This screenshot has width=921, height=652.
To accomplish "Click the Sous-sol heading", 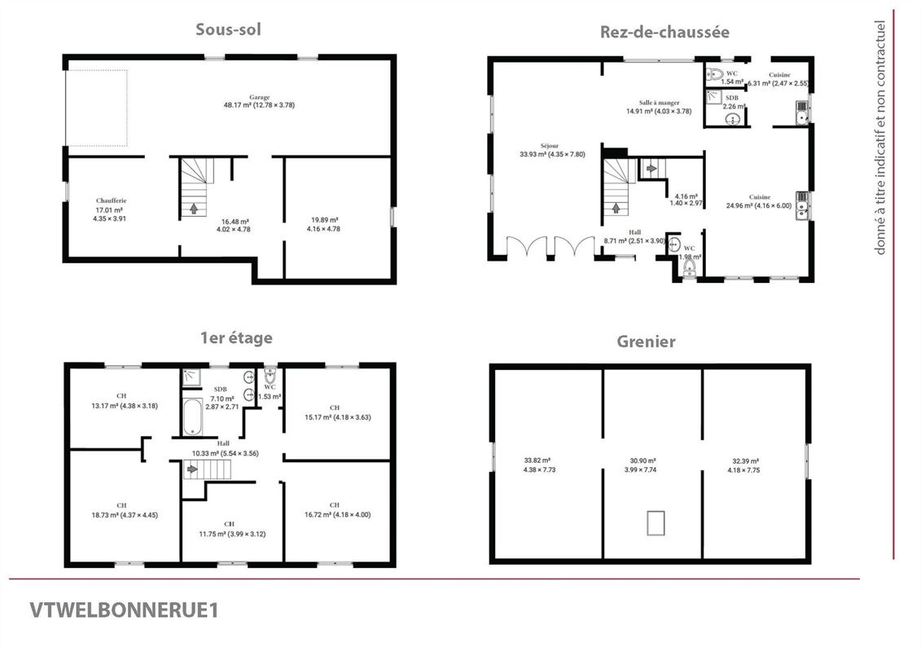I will coord(228,29).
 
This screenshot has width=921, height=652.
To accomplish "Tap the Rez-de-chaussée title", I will coord(664,32).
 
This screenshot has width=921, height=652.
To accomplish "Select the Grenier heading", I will coord(647,341).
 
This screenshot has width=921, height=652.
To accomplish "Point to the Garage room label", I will coord(259,97).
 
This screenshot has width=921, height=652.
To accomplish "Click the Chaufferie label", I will coord(111,200).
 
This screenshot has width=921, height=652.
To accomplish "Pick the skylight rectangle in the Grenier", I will coord(656,522).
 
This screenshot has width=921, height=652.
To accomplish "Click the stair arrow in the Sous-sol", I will coord(194,209).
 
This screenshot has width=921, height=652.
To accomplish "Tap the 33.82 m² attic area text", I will coord(537,460).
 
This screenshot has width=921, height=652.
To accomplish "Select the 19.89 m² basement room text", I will coord(323,220).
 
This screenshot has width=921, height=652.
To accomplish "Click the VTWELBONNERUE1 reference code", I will coord(124,610).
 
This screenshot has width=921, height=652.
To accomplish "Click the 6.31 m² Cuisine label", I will coord(778,75).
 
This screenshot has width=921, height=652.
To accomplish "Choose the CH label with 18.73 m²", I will coord(121,505).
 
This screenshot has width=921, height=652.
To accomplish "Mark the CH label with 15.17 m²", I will coord(334,407).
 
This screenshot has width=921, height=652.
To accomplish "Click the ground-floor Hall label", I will coord(634,231).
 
